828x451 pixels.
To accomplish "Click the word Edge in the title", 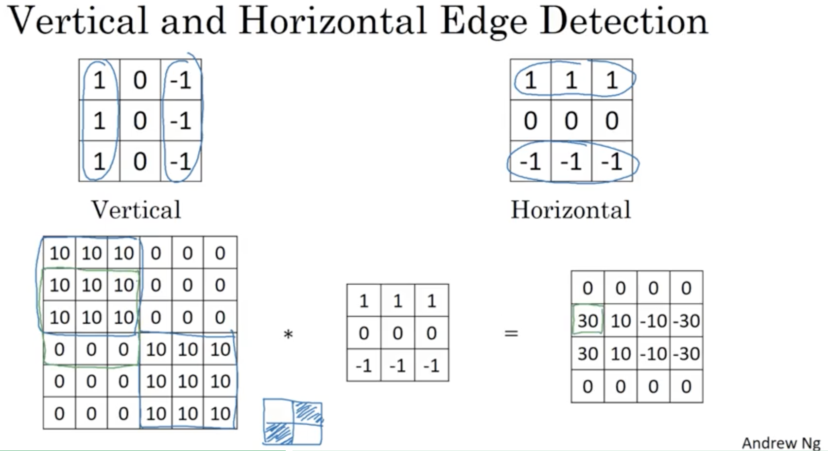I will point(483,22).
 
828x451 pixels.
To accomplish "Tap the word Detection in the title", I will point(624,22).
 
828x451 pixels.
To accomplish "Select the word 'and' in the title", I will point(193,22).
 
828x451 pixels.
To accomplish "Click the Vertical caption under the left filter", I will point(136,210).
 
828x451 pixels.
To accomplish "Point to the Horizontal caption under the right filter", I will point(570,210).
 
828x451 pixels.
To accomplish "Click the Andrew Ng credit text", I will point(781,443).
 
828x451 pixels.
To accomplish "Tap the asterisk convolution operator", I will point(288,334).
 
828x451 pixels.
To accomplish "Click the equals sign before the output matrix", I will point(511,333).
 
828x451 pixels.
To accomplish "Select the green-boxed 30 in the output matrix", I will point(587,321).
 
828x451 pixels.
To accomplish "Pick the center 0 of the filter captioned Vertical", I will point(140,121).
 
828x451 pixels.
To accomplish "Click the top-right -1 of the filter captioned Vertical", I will point(181,80).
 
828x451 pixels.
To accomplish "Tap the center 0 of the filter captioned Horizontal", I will point(571,121).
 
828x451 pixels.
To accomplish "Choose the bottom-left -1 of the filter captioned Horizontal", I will point(530,161).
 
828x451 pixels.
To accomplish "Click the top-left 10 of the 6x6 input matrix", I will point(59,253).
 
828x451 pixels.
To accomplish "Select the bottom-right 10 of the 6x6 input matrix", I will point(220,414).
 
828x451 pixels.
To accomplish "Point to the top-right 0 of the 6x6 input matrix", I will point(220,253).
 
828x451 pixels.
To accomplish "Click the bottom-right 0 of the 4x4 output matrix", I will point(686,387).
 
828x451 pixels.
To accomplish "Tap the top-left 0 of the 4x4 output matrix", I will point(587,288).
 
